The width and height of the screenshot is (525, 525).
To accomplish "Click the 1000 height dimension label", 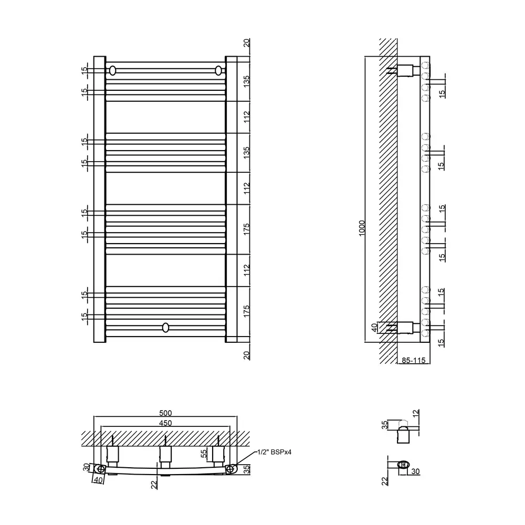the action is (362, 228).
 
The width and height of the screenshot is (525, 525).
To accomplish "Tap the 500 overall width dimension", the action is (165, 413).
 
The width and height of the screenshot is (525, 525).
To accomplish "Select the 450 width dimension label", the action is (165, 423).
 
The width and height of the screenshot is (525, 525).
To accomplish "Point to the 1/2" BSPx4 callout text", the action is (274, 452).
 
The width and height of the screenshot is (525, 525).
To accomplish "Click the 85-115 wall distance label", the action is (414, 360).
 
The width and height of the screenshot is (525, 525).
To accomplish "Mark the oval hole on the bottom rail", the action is (165, 328).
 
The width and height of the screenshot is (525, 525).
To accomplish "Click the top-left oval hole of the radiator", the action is (113, 71).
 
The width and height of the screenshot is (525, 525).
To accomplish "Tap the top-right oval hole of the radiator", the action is (218, 71).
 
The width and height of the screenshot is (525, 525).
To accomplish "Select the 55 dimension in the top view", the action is (204, 454).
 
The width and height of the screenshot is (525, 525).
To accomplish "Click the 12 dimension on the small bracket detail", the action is (416, 414).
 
